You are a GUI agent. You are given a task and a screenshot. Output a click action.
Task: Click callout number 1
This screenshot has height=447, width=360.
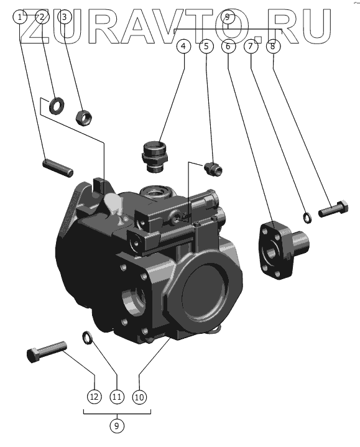pyautogui.click(x=20, y=17)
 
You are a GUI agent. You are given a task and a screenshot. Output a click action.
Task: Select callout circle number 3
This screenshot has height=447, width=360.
pyautogui.click(x=65, y=17)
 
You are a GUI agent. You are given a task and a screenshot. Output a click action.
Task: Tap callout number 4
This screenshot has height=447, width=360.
pyautogui.click(x=183, y=46)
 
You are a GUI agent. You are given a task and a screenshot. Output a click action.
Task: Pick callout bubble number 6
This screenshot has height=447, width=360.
pyautogui.click(x=228, y=46)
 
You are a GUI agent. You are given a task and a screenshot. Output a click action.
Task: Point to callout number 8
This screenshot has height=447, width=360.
pyautogui.click(x=273, y=46)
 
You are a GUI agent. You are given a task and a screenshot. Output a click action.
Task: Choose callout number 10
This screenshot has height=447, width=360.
pyautogui.click(x=139, y=397)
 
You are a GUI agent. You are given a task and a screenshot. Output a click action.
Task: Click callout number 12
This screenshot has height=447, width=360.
pyautogui.click(x=94, y=397)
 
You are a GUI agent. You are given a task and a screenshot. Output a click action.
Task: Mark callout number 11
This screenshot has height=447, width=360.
pyautogui.click(x=117, y=397)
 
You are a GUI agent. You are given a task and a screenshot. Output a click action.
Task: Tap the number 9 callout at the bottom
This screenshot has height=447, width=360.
pyautogui.click(x=116, y=426)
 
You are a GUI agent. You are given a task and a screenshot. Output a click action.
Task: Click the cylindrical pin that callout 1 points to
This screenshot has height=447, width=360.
pyautogui.click(x=58, y=168)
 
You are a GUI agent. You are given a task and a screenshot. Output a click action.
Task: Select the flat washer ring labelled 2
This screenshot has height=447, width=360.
pyautogui.click(x=57, y=106)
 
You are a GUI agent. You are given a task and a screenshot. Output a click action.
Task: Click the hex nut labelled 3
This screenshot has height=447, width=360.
pyautogui.click(x=84, y=118)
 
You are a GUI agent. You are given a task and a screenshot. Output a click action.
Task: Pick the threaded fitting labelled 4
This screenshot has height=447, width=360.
pyautogui.click(x=155, y=157)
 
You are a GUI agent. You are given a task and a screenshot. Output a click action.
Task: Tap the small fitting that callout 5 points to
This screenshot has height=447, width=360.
pyautogui.click(x=213, y=168)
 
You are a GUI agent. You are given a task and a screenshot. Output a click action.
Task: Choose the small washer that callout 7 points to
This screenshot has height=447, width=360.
pyautogui.click(x=307, y=218)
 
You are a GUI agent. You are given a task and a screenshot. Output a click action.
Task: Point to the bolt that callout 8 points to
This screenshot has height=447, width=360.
pyautogui.click(x=333, y=210)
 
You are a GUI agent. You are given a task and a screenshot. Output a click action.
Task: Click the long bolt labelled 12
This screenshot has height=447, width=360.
pyautogui.click(x=47, y=351)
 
